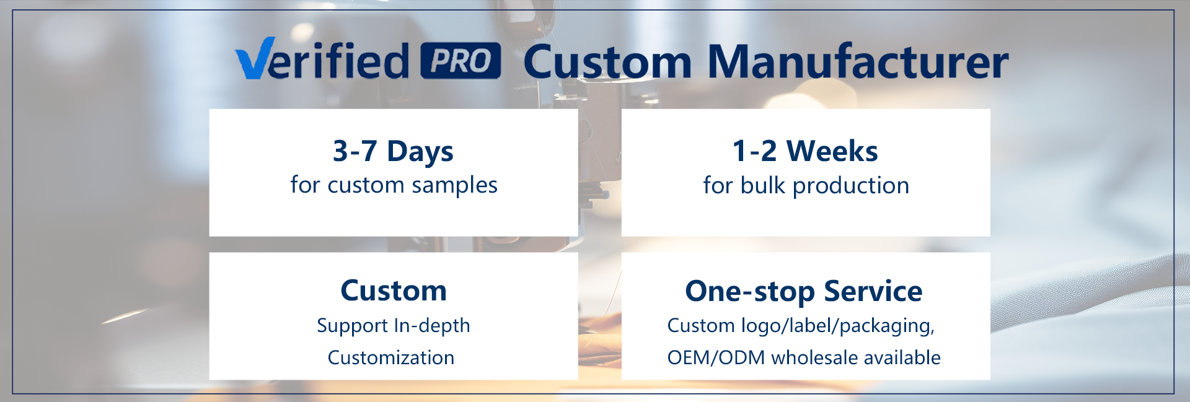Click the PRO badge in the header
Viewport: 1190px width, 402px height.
click(x=461, y=61)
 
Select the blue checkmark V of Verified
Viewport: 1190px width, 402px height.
click(x=255, y=58)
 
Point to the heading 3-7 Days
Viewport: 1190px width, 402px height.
click(x=393, y=151)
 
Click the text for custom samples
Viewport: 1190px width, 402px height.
click(x=394, y=185)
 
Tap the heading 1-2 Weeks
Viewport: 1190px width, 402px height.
click(x=805, y=151)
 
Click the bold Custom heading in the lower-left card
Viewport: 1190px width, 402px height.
click(x=394, y=291)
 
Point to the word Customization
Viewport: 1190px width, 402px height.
click(x=391, y=357)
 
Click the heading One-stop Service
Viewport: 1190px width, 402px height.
click(x=804, y=291)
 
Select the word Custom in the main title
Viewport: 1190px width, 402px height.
click(x=607, y=61)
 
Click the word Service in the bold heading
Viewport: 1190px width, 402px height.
click(x=873, y=291)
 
